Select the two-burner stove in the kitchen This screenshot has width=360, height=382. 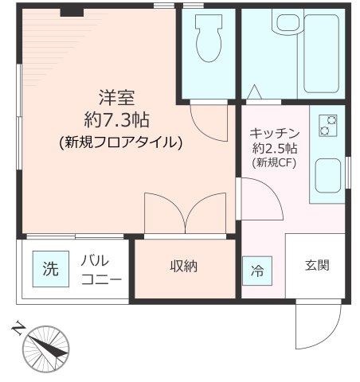[x=327, y=125]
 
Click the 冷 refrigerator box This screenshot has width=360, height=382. [x=257, y=270]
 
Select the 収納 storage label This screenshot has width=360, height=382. [x=185, y=267]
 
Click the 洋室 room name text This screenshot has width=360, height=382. [x=115, y=99]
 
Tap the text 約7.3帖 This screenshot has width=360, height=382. [x=119, y=121]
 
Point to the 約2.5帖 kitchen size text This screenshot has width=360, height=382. [x=276, y=148]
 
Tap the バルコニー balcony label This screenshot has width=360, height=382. [x=101, y=270]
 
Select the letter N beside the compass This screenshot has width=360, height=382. [x=18, y=327]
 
